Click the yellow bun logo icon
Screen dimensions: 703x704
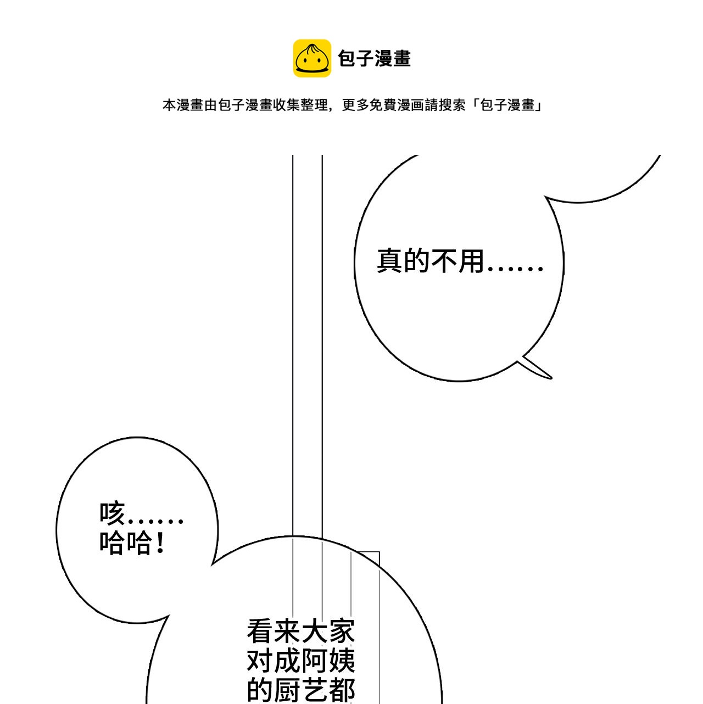point(311,58)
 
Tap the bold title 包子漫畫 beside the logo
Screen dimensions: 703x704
point(374,58)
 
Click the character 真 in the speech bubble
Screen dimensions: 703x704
point(390,261)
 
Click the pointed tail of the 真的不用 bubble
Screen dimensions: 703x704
point(551,378)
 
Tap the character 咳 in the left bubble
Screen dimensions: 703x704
point(112,513)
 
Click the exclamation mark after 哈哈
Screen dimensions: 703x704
point(160,543)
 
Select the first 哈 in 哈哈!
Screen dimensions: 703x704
point(112,543)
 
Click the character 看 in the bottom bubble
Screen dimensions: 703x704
point(260,631)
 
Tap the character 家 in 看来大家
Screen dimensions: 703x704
point(342,631)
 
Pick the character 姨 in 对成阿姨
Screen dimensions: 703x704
point(342,661)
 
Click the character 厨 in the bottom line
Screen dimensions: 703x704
point(287,690)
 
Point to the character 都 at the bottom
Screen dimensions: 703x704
point(342,690)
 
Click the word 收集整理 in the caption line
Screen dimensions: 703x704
point(300,105)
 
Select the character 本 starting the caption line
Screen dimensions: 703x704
point(170,105)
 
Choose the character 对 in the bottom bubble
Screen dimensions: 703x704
point(260,661)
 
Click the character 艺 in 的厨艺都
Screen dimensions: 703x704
point(315,690)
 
